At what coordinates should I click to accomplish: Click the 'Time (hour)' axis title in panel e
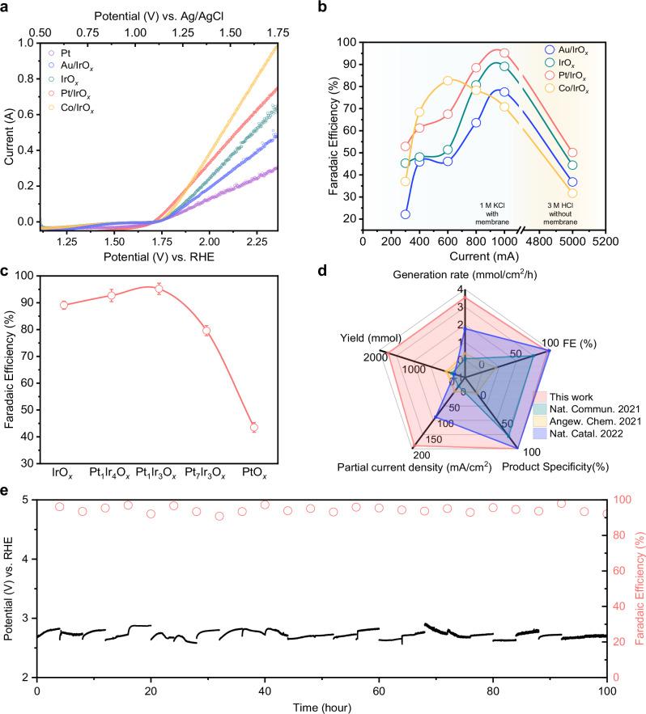321,708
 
